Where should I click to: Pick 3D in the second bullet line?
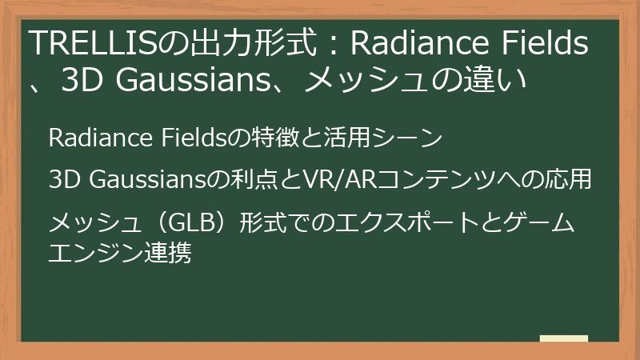63,180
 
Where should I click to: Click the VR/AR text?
337,180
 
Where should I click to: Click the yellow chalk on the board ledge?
563,339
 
